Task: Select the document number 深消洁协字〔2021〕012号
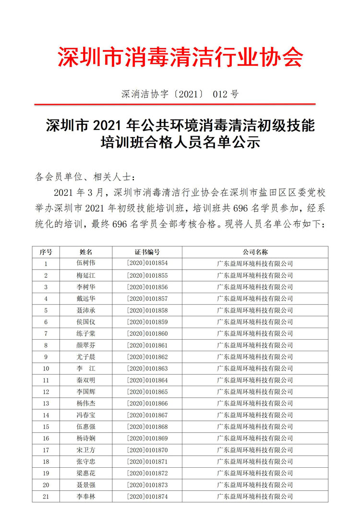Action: (x=180, y=94)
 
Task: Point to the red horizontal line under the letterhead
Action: (x=175, y=104)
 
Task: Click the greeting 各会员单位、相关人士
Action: (x=82, y=177)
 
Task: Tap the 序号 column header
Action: (x=46, y=252)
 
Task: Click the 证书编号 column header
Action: (x=147, y=252)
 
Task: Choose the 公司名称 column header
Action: (x=255, y=252)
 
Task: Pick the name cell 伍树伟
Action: (x=86, y=263)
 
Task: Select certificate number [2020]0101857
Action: (x=147, y=298)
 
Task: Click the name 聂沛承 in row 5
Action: (x=86, y=310)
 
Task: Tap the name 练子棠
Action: (x=86, y=333)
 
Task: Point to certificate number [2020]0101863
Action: (x=147, y=368)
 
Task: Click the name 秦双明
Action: (x=86, y=380)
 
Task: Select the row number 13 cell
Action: (x=46, y=403)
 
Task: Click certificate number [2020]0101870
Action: (x=147, y=450)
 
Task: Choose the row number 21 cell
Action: (x=46, y=497)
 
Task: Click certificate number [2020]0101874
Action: (x=147, y=497)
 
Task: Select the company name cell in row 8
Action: (x=255, y=345)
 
